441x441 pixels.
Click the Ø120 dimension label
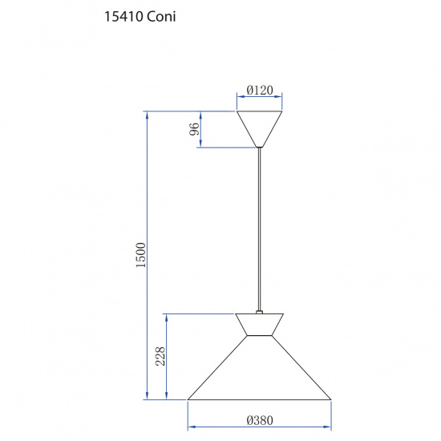[x=260, y=91]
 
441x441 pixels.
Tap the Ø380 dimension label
[x=260, y=420]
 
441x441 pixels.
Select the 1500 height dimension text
[x=141, y=255]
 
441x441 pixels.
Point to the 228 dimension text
[x=160, y=356]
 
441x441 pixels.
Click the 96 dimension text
[x=194, y=129]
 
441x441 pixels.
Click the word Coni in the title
[x=161, y=17]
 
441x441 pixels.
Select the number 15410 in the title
[x=123, y=17]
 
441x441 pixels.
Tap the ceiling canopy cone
[x=259, y=129]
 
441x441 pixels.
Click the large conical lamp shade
[x=259, y=367]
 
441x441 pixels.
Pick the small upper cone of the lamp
[x=259, y=324]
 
